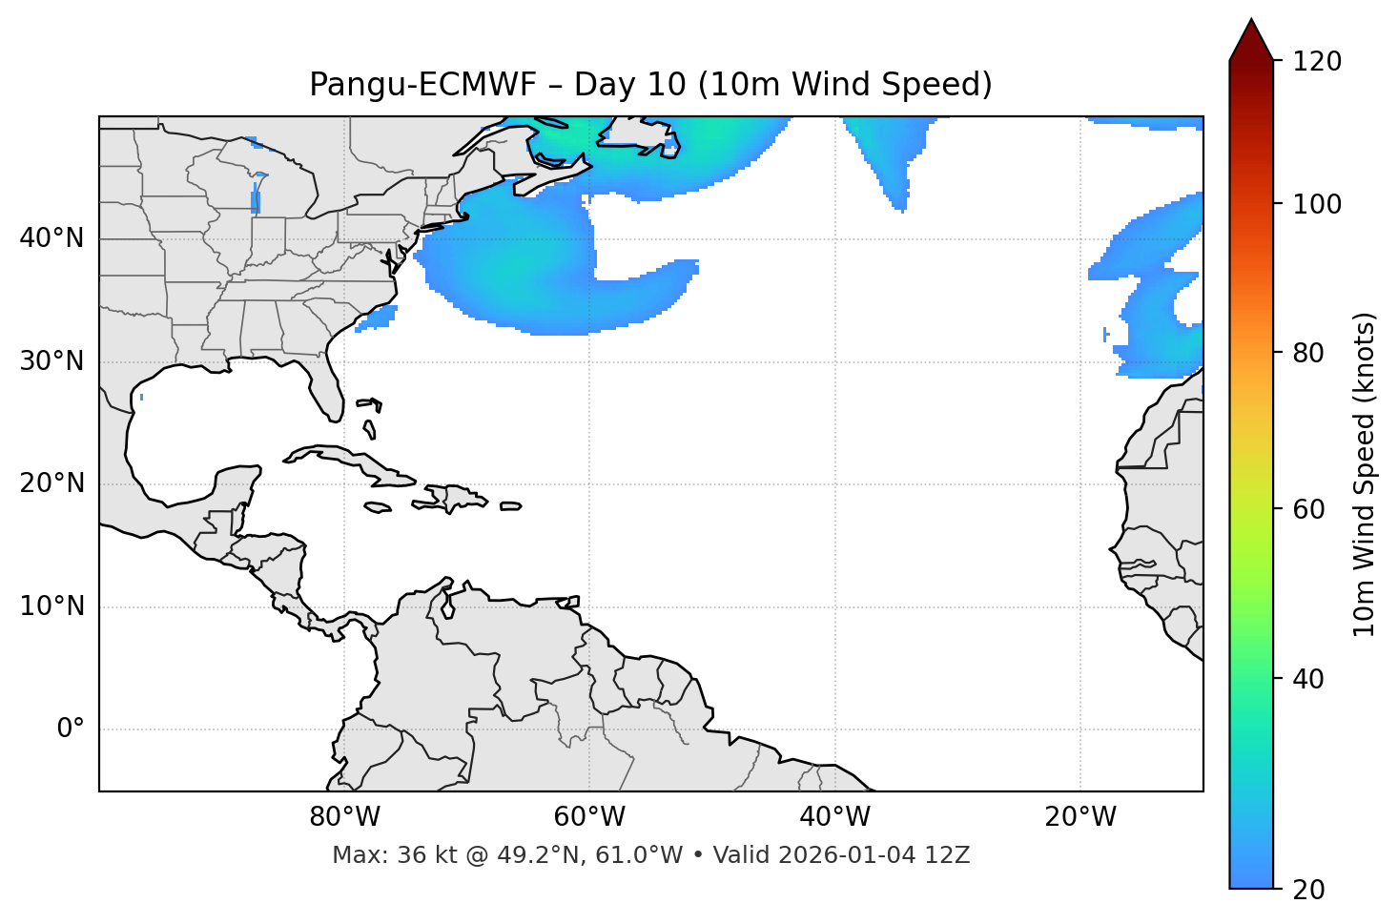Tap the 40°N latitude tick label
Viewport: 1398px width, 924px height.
tap(51, 238)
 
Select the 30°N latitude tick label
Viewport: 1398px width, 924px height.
tap(51, 361)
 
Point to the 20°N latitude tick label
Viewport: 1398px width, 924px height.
tap(51, 483)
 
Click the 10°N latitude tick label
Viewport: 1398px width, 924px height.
tap(51, 606)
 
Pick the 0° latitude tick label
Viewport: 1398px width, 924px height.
tap(71, 729)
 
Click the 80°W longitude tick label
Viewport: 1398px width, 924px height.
tap(344, 817)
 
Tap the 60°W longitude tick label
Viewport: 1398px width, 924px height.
tap(589, 817)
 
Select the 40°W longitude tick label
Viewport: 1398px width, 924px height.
tap(835, 817)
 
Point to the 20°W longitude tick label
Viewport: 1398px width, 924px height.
tap(1080, 817)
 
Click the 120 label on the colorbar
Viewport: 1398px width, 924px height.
tap(1317, 62)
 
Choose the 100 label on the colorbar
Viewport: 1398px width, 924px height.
tap(1317, 204)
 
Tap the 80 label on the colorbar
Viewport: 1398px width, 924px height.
tap(1309, 353)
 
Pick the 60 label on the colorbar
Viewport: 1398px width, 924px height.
tap(1309, 509)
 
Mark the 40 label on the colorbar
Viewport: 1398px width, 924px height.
tap(1309, 679)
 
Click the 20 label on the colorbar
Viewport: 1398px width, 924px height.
tap(1309, 890)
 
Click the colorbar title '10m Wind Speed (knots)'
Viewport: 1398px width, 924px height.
tap(1365, 474)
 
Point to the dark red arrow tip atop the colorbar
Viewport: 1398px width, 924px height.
tap(1251, 29)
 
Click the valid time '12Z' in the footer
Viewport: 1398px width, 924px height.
tap(949, 855)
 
